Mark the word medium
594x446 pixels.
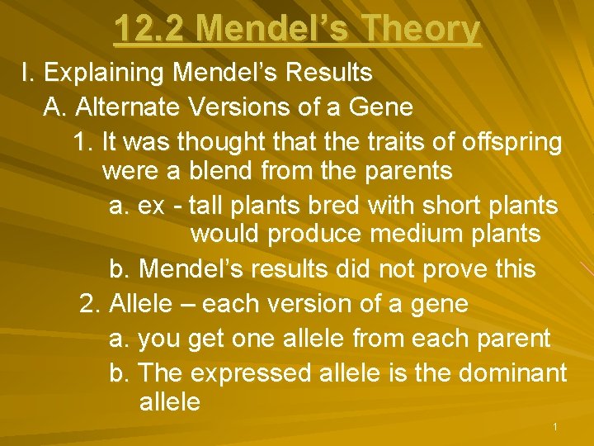(x=417, y=234)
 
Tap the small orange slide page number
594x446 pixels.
(x=556, y=427)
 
